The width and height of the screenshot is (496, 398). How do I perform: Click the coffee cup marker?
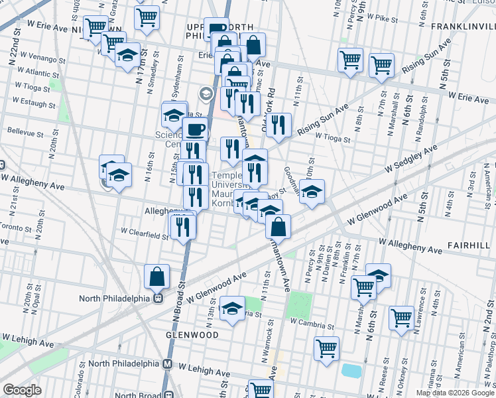(x=194, y=130)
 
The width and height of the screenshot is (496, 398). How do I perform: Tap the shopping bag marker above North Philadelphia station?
(x=156, y=277)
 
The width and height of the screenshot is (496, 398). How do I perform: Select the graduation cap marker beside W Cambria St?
(x=232, y=308)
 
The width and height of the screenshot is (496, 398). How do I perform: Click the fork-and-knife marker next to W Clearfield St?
(x=183, y=227)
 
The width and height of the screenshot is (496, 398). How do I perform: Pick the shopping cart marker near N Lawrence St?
(x=401, y=318)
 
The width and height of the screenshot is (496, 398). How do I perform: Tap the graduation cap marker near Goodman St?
(x=312, y=192)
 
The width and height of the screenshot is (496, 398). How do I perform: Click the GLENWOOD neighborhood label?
(x=193, y=335)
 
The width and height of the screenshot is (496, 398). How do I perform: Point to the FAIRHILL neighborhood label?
(x=470, y=245)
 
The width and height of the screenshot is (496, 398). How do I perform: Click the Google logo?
(x=23, y=390)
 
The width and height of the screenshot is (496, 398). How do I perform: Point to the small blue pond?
(x=351, y=370)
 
